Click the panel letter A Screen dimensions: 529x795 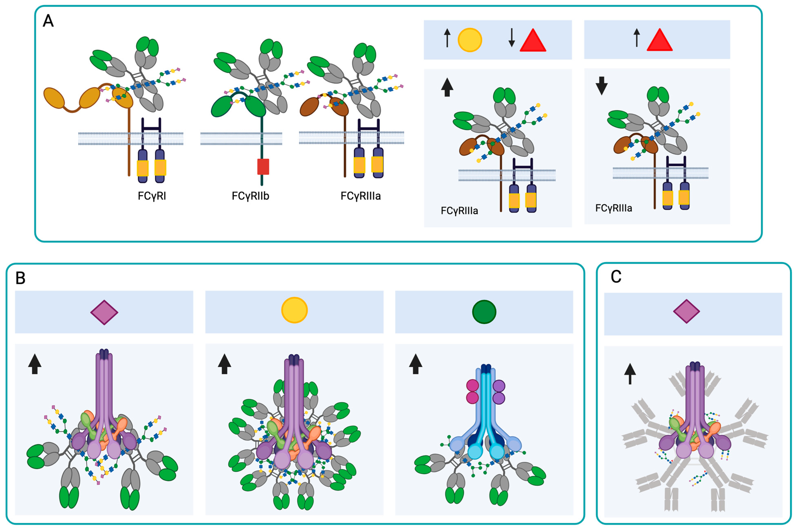click(48, 21)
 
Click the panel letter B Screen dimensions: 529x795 click(21, 278)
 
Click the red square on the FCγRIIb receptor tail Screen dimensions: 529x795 click(263, 167)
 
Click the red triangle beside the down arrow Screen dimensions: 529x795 click(533, 41)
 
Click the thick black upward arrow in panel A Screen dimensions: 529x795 click(447, 87)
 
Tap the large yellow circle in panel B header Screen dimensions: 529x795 click(294, 310)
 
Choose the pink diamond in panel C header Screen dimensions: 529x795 click(686, 311)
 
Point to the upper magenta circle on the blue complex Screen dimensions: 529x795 click(472, 386)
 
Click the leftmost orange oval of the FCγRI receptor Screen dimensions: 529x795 click(54, 98)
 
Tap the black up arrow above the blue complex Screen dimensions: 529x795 click(415, 364)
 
